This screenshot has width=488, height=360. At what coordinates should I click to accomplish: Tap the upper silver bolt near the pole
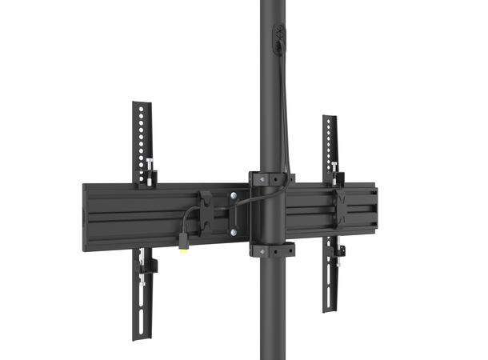coord(234,194)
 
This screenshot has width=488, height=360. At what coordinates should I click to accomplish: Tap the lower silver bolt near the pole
coord(234,233)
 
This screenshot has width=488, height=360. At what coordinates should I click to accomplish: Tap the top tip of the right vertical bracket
coord(329,118)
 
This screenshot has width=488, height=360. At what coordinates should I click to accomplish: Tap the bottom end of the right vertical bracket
coord(329,308)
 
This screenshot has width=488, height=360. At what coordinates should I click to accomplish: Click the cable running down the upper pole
coord(285,104)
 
